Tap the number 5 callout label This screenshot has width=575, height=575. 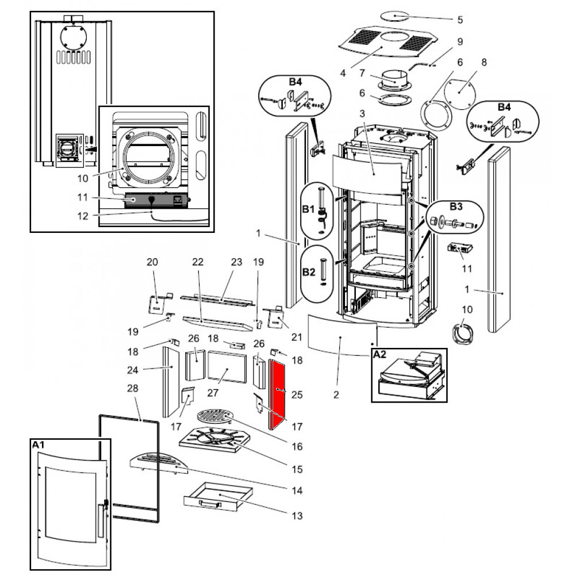[x=459, y=20]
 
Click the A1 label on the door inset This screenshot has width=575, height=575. [x=39, y=445]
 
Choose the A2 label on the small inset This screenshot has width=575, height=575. [x=381, y=355]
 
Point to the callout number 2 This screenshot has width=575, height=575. [x=336, y=395]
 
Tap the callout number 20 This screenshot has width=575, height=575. [x=152, y=262]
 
